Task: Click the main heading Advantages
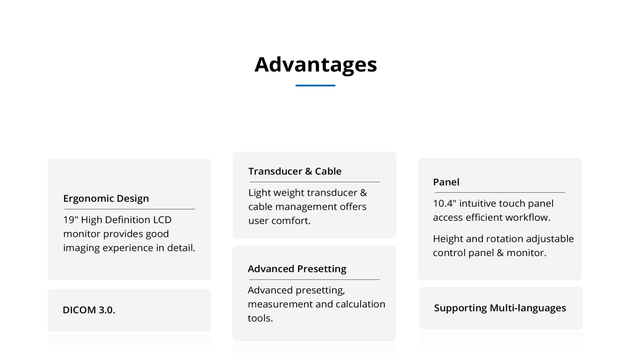pyautogui.click(x=315, y=65)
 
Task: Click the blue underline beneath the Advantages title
pyautogui.click(x=315, y=85)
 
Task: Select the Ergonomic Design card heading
pyautogui.click(x=106, y=199)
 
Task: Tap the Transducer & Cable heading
pyautogui.click(x=294, y=171)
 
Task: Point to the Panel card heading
pyautogui.click(x=446, y=182)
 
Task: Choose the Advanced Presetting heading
pyautogui.click(x=297, y=269)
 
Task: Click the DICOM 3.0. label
pyautogui.click(x=89, y=310)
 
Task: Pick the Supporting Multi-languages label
pyautogui.click(x=500, y=308)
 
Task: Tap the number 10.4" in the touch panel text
pyautogui.click(x=444, y=203)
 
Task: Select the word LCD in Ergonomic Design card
pyautogui.click(x=162, y=220)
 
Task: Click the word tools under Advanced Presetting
pyautogui.click(x=260, y=318)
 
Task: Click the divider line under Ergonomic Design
pyautogui.click(x=130, y=209)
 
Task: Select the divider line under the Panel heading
pyautogui.click(x=500, y=193)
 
